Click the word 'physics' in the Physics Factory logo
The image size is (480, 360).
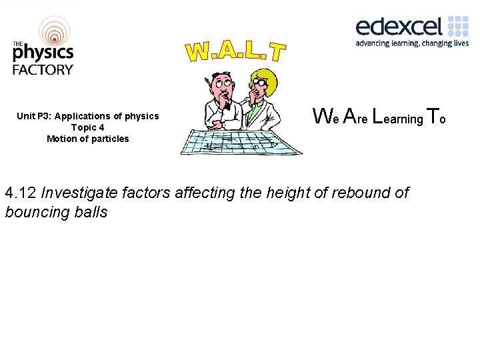[x=42, y=53]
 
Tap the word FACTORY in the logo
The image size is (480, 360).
[x=42, y=69]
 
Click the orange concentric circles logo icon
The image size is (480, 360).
[x=53, y=31]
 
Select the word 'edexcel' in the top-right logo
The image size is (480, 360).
[x=399, y=27]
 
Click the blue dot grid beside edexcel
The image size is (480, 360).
[x=458, y=27]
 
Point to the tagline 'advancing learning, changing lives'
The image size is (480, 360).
[x=412, y=43]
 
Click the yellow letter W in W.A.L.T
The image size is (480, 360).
[x=199, y=51]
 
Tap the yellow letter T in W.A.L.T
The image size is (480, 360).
[x=277, y=53]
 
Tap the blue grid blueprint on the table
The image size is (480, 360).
[x=240, y=142]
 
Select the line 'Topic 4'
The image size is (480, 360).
[x=87, y=127]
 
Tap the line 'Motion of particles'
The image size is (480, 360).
[x=87, y=139]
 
